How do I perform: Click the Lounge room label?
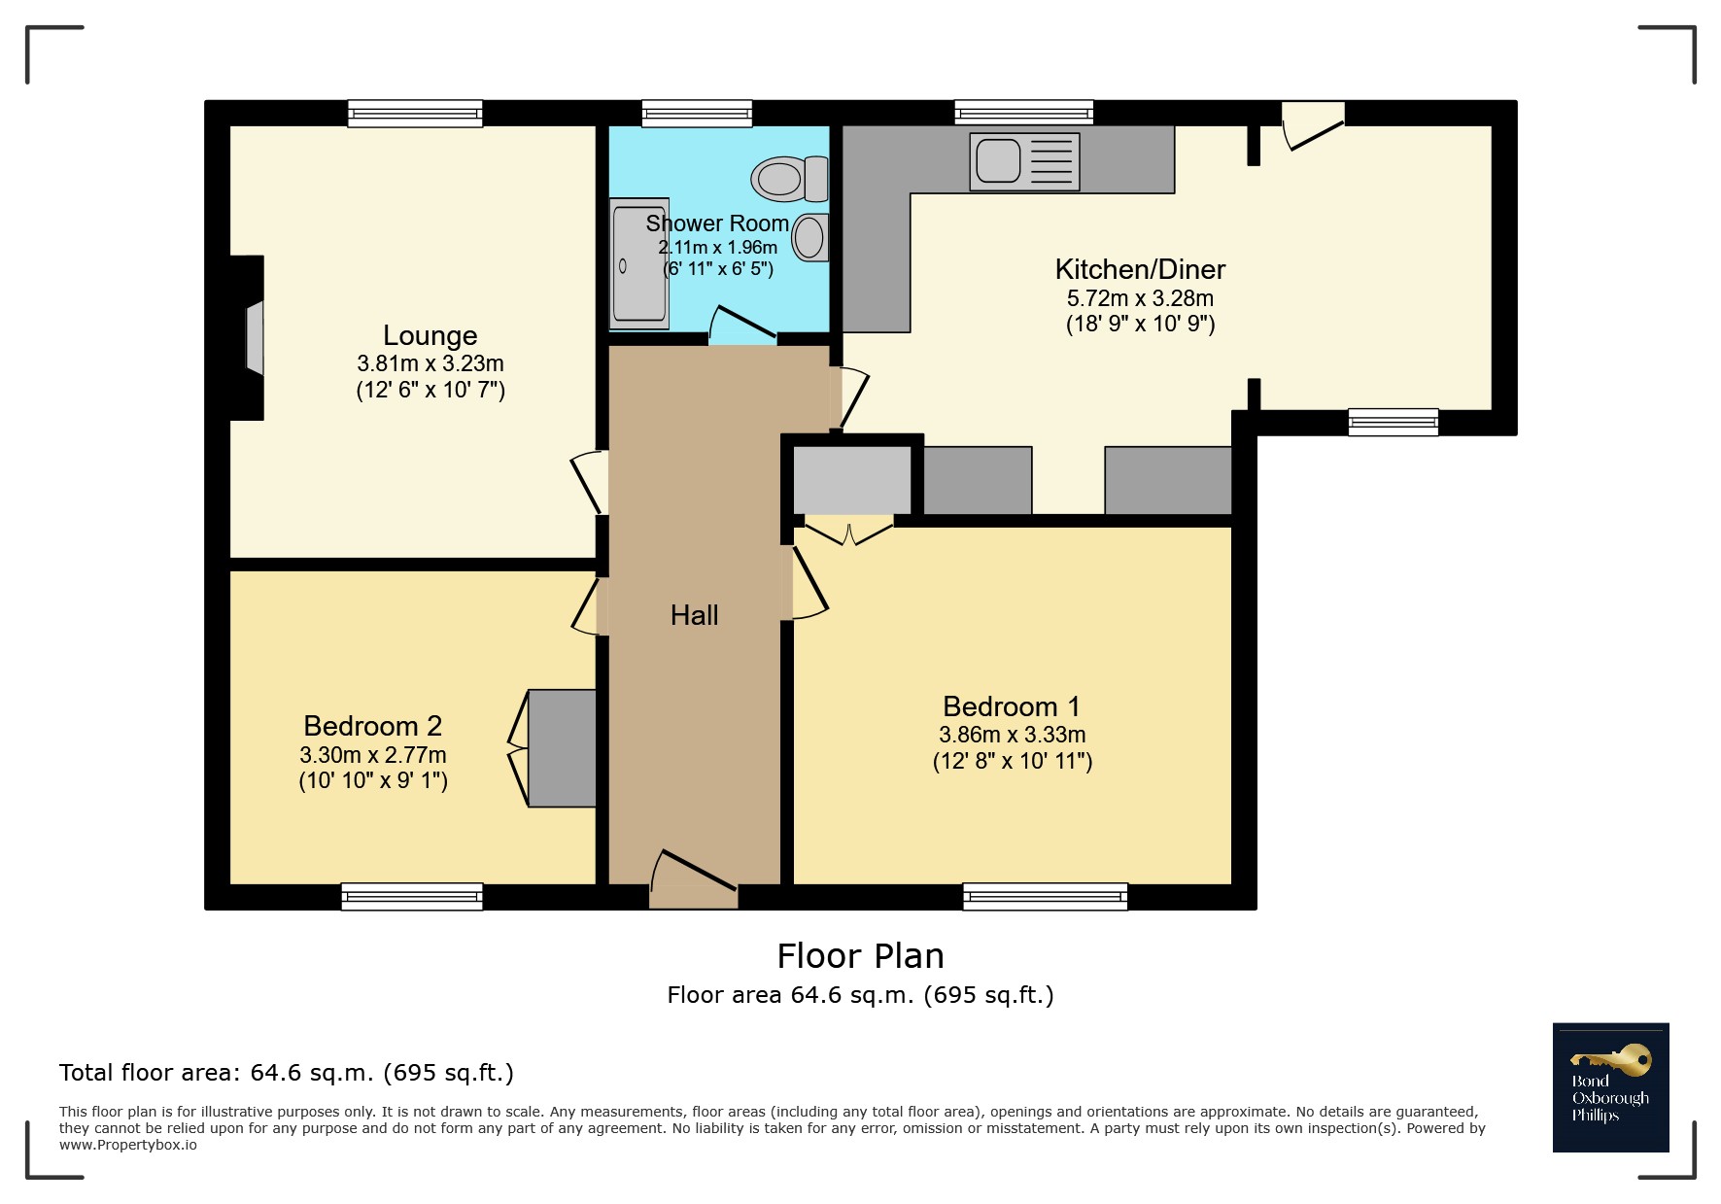(x=430, y=335)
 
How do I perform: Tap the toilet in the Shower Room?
(x=789, y=179)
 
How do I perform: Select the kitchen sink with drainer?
(x=1024, y=161)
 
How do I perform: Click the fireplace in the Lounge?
(x=247, y=337)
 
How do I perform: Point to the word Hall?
(x=694, y=615)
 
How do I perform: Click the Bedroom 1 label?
(x=1012, y=706)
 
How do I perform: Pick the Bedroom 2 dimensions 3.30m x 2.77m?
(x=373, y=755)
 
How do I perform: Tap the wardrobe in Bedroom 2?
(x=562, y=748)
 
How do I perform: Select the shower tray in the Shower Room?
(x=639, y=263)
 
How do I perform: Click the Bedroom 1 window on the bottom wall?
(x=1046, y=896)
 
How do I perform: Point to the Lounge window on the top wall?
(x=416, y=114)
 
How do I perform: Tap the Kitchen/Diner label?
(x=1140, y=269)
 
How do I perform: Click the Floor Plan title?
(x=860, y=956)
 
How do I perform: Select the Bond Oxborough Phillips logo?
(x=1610, y=1087)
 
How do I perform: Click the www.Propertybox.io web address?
(x=128, y=1145)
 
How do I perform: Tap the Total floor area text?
(x=287, y=1073)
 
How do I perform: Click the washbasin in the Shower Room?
(x=810, y=237)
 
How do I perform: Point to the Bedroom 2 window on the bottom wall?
(x=412, y=896)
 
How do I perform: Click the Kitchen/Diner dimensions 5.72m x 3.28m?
(x=1140, y=298)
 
